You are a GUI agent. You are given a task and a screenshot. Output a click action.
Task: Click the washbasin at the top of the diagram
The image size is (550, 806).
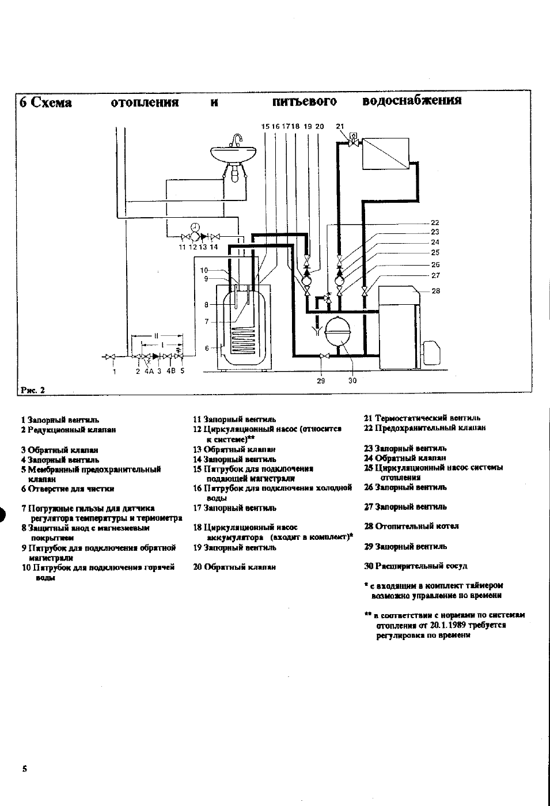[234, 154]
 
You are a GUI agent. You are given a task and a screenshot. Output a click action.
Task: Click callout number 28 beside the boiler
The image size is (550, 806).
[435, 291]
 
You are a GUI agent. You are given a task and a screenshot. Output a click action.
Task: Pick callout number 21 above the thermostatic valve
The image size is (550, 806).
[340, 126]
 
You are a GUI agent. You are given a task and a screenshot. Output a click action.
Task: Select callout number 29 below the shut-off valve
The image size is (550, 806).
[321, 380]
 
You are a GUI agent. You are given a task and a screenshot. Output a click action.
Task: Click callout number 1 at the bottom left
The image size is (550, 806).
[115, 372]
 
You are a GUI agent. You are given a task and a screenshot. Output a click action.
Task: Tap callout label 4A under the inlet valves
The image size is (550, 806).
[149, 372]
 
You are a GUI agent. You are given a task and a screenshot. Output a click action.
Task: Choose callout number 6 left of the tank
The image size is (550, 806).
[207, 348]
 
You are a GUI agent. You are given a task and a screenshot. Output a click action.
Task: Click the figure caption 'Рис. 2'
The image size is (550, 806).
[32, 390]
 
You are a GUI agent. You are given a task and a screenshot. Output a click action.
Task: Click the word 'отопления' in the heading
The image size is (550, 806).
[144, 103]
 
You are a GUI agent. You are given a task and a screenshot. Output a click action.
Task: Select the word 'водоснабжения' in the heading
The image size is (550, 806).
[412, 101]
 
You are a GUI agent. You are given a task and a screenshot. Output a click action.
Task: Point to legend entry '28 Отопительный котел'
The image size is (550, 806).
[411, 526]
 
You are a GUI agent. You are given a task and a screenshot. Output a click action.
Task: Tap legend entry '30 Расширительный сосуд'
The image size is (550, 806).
[415, 566]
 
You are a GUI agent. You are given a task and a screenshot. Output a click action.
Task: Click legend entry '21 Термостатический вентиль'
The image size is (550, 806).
[422, 418]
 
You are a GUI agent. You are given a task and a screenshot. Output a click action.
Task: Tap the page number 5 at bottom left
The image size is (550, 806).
[24, 769]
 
